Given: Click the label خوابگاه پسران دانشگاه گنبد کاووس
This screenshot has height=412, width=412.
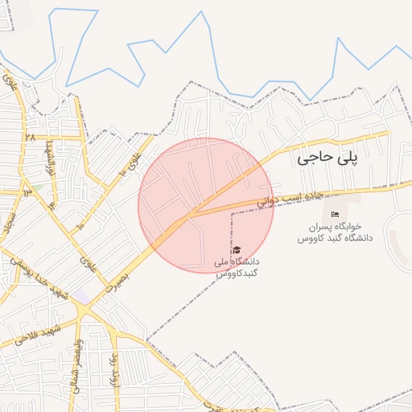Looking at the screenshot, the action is [x=336, y=233].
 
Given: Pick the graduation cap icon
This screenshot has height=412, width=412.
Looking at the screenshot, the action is [x=237, y=249].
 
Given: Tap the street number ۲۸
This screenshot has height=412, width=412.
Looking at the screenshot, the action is [x=30, y=138].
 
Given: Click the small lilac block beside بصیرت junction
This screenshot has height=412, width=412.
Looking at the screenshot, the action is [x=83, y=296].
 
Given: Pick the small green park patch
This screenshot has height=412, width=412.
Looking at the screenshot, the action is [x=35, y=188].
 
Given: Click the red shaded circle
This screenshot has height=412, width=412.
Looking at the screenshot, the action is [x=206, y=205].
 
